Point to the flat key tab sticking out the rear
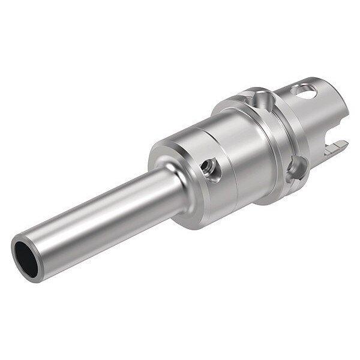tap(340, 145)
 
